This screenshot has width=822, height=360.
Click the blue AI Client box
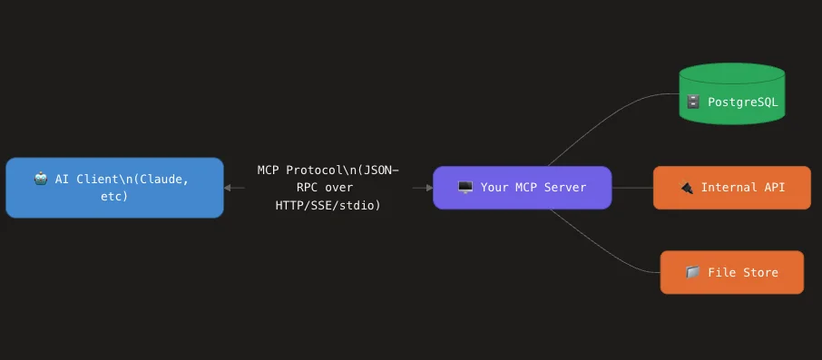tap(114, 188)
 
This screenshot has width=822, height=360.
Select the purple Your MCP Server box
tap(522, 188)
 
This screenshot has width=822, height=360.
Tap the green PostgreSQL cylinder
tap(731, 94)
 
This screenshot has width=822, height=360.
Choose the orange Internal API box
tap(731, 188)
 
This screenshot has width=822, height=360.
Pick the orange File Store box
tap(731, 272)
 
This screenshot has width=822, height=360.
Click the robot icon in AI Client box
tap(40, 180)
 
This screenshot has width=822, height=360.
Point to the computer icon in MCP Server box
tap(465, 188)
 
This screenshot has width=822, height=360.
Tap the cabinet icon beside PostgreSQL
tap(693, 102)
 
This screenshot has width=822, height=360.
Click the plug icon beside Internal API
tap(687, 188)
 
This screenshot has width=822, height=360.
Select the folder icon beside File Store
tap(692, 272)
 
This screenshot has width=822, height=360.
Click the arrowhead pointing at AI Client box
tap(229, 188)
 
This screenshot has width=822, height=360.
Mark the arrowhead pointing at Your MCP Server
tap(427, 188)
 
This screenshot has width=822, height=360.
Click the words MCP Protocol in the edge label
tap(292, 170)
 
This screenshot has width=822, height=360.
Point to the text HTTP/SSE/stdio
tap(328, 206)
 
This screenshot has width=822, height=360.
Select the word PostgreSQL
tap(743, 102)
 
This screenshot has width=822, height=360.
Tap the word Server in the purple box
tap(564, 188)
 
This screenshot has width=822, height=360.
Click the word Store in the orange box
tap(760, 272)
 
